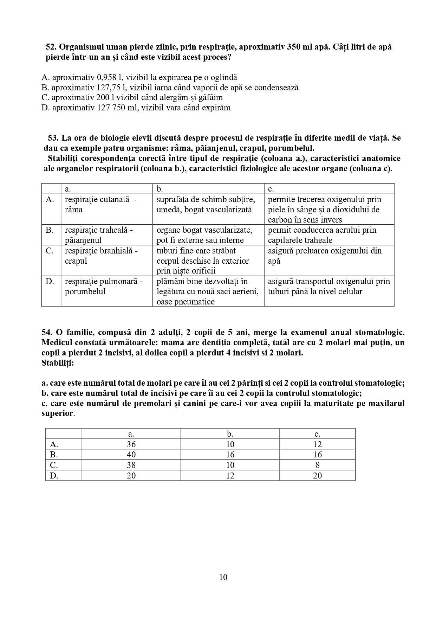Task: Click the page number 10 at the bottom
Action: point(223,577)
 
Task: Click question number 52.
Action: point(51,47)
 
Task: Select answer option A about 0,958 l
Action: point(139,77)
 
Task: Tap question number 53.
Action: point(53,138)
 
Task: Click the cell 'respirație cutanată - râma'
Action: point(100,204)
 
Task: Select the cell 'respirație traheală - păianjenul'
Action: point(99,235)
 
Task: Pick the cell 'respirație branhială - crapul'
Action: point(101,256)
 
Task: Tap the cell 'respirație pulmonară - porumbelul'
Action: point(104,286)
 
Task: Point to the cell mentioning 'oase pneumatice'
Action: point(208,291)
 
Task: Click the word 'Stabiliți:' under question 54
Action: point(58,363)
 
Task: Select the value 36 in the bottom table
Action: point(131,444)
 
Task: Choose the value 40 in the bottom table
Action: point(131,455)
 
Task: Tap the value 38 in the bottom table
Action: point(131,465)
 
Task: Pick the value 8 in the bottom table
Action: point(317,465)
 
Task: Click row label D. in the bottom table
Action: point(54,476)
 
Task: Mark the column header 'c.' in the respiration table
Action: point(271,189)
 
